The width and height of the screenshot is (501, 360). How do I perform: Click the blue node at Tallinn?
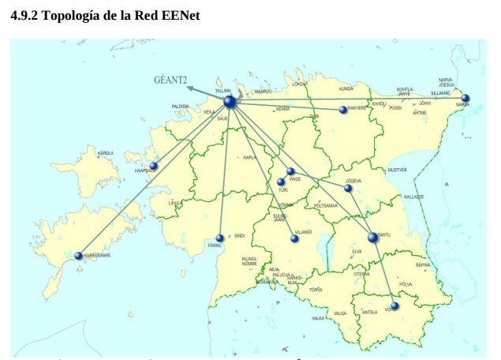tap(230, 102)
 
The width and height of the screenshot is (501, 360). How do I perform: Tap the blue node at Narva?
tap(465, 99)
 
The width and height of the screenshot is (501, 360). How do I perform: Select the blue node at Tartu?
tap(372, 237)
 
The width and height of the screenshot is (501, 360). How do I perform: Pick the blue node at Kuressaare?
tap(78, 256)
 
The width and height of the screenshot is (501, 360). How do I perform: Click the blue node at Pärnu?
tap(220, 238)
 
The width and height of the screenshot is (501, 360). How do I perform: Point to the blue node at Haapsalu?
tap(154, 167)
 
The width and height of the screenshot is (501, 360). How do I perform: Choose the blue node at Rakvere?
tap(343, 110)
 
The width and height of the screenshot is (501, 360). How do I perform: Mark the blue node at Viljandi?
tap(294, 238)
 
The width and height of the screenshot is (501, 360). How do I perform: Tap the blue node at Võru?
tap(394, 306)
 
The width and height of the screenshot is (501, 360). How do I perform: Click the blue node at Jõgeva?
tap(348, 188)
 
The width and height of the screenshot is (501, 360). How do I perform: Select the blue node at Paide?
tap(290, 171)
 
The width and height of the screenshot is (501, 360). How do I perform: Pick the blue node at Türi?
tap(281, 182)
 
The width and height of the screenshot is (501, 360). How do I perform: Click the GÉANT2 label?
tap(170, 80)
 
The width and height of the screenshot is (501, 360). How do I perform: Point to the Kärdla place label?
tap(105, 153)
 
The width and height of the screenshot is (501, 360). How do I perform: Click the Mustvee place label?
tap(397, 170)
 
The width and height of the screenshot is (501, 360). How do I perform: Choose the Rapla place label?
tap(251, 157)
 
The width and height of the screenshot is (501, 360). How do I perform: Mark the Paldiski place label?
tap(180, 106)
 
